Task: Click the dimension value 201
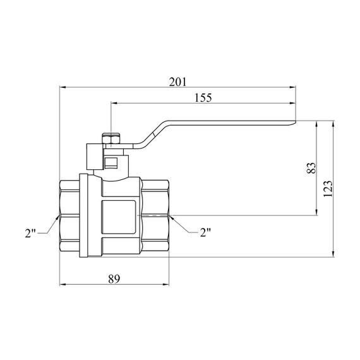click(x=177, y=82)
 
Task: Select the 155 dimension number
click(x=203, y=98)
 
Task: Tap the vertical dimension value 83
click(x=311, y=168)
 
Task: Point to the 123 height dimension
click(x=328, y=189)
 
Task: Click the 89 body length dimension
click(x=114, y=279)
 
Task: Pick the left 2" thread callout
click(x=30, y=233)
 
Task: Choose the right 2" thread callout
click(x=205, y=232)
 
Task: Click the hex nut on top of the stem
click(x=111, y=138)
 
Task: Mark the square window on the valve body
click(x=118, y=217)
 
